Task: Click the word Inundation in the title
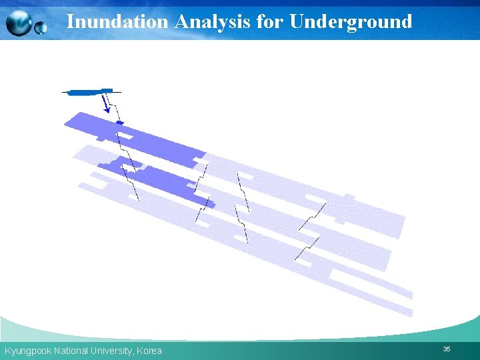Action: coord(117,21)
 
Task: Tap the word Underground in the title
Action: coord(351,21)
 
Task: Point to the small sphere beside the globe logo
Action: coord(41,28)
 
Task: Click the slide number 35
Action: coord(447,349)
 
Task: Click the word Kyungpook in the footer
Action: coord(27,351)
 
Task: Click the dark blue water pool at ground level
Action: coord(87,92)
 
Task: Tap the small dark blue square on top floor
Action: coord(120,123)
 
